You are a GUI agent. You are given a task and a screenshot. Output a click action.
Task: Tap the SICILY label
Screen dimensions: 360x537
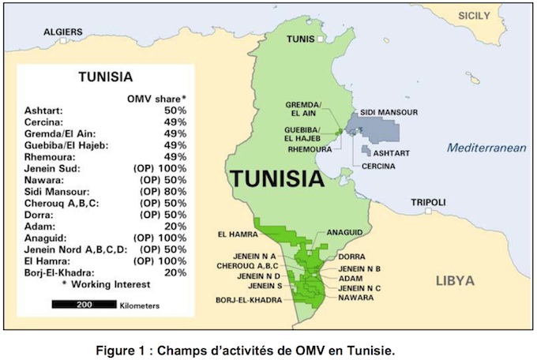click(475, 16)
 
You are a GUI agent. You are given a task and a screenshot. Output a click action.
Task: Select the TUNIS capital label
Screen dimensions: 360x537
click(300, 38)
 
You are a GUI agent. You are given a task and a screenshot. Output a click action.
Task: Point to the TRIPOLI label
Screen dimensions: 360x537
click(429, 202)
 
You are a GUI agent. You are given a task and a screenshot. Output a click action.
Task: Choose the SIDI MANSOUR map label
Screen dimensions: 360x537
click(389, 113)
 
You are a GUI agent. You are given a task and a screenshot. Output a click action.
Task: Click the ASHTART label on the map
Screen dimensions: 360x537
click(391, 153)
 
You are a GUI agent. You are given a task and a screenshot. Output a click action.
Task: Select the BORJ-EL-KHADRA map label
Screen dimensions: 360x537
click(245, 300)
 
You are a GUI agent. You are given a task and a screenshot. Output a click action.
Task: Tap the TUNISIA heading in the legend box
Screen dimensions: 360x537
click(105, 77)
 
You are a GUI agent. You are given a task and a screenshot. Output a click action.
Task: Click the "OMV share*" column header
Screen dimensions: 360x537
click(157, 98)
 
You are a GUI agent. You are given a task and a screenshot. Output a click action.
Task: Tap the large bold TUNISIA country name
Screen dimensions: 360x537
click(276, 178)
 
